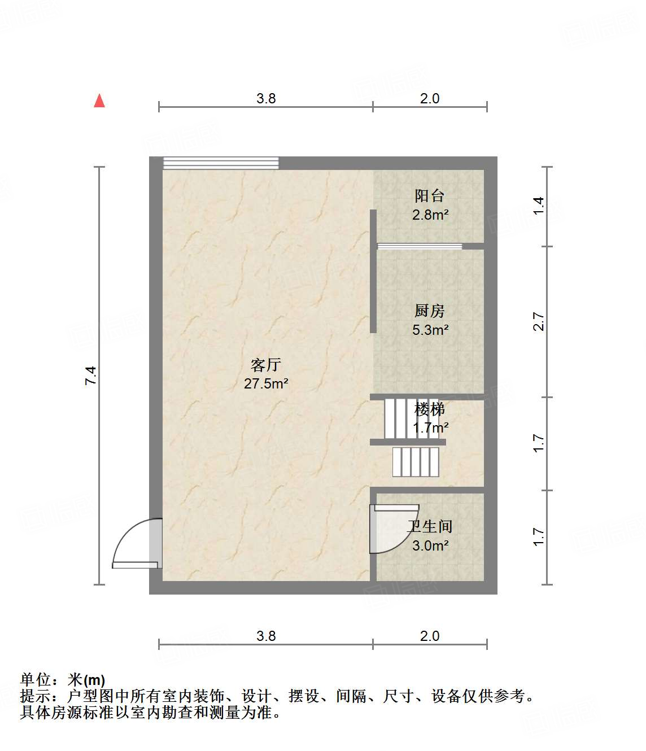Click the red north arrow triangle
[99, 101]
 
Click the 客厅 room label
[265, 365]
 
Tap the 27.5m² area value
[266, 384]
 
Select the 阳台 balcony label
[429, 196]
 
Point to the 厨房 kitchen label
[429, 311]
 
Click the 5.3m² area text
[430, 330]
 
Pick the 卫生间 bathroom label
[430, 526]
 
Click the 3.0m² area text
[430, 545]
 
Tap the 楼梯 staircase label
[430, 408]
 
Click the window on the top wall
[221, 163]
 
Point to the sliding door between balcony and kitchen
[419, 246]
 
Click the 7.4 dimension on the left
[91, 375]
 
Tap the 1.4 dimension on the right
[539, 204]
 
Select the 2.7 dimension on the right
[539, 321]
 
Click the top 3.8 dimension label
[266, 98]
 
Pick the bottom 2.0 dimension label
[429, 636]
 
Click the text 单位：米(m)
[63, 680]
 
